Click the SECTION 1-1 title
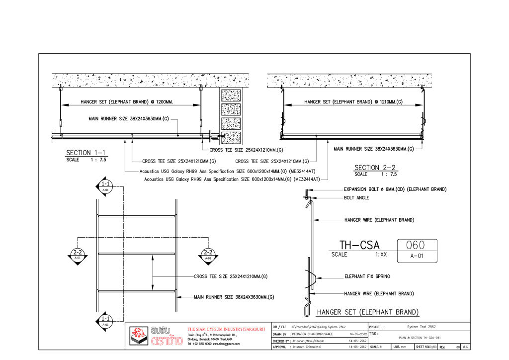click(85, 153)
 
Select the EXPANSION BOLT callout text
click(395, 189)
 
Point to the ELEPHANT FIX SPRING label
click(367, 276)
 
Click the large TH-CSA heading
click(359, 245)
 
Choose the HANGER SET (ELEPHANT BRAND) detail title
click(368, 312)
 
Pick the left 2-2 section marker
click(78, 255)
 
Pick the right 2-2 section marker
click(208, 255)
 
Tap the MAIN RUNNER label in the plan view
click(234, 297)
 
